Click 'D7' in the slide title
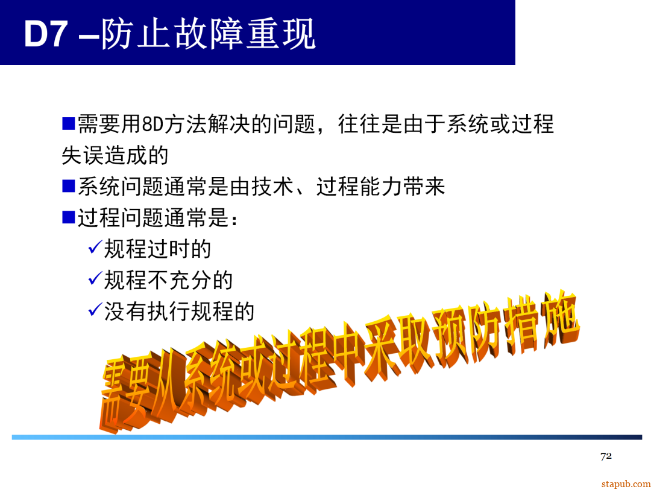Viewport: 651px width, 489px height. (45, 34)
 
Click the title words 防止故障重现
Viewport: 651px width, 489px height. (208, 34)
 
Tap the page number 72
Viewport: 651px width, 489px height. (606, 456)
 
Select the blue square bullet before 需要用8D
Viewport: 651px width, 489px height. (68, 124)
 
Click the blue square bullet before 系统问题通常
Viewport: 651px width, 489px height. (68, 185)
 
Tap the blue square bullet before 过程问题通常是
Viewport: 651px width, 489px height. (68, 217)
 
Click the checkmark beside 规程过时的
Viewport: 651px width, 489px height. (95, 247)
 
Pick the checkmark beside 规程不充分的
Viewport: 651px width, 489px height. (95, 278)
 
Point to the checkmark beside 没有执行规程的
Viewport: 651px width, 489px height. (95, 310)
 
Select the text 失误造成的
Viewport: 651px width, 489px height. (115, 155)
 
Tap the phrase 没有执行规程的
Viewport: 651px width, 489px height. (179, 312)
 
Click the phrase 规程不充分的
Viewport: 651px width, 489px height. (168, 280)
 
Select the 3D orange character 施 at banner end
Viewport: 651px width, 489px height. (558, 323)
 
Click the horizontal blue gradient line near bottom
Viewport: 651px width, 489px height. (325, 437)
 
